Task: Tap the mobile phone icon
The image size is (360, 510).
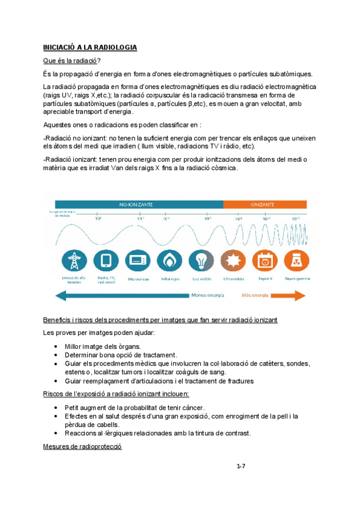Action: pyautogui.click(x=106, y=260)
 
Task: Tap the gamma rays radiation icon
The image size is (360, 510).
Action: pyautogui.click(x=296, y=260)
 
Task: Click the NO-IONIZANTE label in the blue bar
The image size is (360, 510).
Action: pyautogui.click(x=136, y=204)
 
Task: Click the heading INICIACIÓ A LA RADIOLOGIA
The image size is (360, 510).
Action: pyautogui.click(x=90, y=48)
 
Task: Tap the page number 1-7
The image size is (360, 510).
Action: pyautogui.click(x=241, y=465)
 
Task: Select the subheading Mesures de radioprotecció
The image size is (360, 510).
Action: pyautogui.click(x=83, y=446)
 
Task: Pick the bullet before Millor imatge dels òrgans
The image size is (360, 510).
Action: pyautogui.click(x=56, y=346)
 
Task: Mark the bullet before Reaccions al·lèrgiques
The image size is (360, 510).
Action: pyautogui.click(x=56, y=433)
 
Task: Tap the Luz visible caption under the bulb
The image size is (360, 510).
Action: pyautogui.click(x=201, y=278)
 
